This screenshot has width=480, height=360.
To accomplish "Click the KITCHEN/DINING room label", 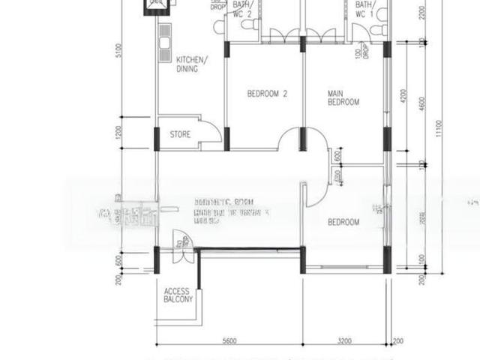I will tap(192, 64).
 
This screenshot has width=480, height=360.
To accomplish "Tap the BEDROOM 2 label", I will tap(268, 94).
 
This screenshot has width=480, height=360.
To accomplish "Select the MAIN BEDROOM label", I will tap(343, 97).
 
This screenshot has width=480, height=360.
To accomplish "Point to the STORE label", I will tap(180, 135).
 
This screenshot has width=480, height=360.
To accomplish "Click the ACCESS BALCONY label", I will tap(178, 294).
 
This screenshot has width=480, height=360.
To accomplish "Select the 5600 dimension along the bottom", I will tap(229, 341).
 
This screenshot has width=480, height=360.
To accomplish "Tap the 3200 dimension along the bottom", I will tap(344, 341).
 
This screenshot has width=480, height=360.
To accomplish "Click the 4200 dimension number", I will tap(403, 97).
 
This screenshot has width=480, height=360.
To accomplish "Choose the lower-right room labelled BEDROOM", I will tap(343, 222).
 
